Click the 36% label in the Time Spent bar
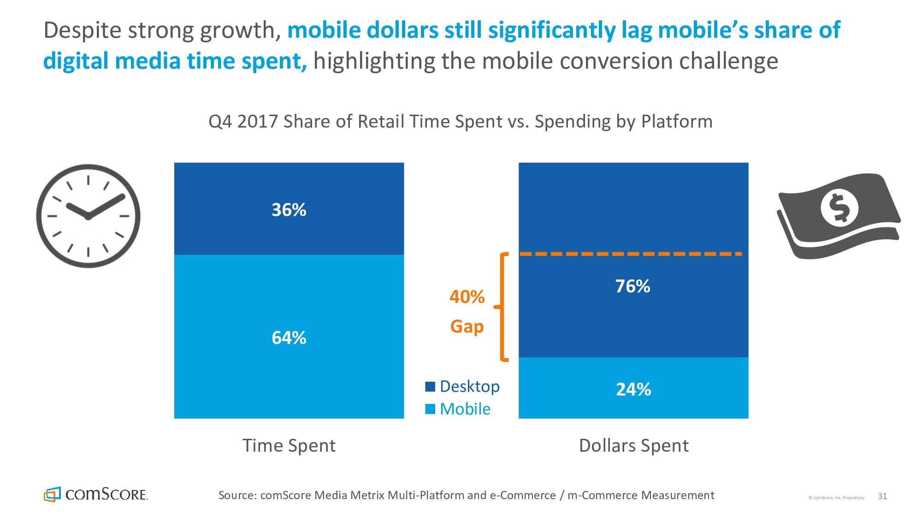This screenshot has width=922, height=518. [x=289, y=210]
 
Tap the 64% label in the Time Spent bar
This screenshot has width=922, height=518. [x=289, y=338]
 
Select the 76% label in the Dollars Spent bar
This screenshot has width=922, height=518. [x=633, y=286]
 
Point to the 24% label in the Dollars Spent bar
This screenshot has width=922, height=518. [x=633, y=390]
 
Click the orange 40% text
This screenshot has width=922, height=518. [x=467, y=297]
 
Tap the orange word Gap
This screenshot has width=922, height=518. [x=467, y=326]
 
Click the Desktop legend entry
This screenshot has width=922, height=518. [x=463, y=386]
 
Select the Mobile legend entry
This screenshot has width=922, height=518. [x=458, y=409]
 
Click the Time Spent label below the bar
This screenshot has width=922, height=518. [x=289, y=446]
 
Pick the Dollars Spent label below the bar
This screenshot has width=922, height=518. [x=634, y=446]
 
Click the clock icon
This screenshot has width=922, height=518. [x=88, y=216]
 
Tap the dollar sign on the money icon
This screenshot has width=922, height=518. [x=839, y=208]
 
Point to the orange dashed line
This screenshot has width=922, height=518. [x=631, y=254]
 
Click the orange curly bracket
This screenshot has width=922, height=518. [x=503, y=307]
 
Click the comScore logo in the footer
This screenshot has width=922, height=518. [x=96, y=495]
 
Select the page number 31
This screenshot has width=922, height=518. [x=882, y=496]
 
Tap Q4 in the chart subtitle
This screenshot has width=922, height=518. [x=220, y=122]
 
